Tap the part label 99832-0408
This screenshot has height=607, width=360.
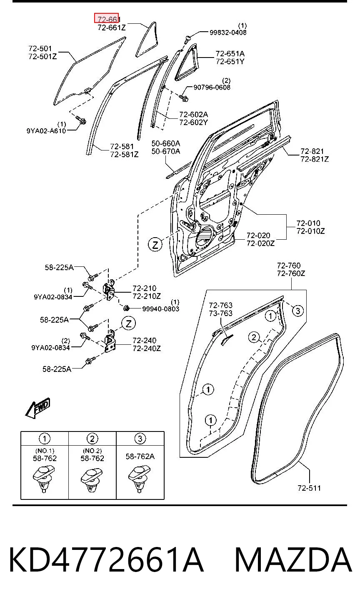(x=228, y=33)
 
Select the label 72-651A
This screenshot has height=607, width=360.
(x=230, y=53)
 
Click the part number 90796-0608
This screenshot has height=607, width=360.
(x=212, y=87)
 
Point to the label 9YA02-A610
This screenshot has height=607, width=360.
(x=46, y=131)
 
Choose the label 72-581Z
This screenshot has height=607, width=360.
(x=124, y=154)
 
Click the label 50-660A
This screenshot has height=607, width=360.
(x=166, y=143)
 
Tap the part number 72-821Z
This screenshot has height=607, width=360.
(x=315, y=159)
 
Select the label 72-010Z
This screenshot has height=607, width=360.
(x=310, y=231)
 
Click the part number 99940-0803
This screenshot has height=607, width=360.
(x=161, y=309)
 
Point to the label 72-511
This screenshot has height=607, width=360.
(x=309, y=488)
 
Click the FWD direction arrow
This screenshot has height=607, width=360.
(x=38, y=407)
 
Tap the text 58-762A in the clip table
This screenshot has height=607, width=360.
(x=140, y=457)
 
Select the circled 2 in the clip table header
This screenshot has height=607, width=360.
(x=92, y=439)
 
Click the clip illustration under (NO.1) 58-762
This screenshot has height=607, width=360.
(x=44, y=478)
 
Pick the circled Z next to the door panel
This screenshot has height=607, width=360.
(x=155, y=245)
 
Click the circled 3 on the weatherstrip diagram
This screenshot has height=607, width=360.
(x=297, y=311)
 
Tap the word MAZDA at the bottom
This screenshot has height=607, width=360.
(x=293, y=559)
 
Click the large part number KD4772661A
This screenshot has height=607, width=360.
(x=106, y=559)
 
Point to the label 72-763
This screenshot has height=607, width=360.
(x=220, y=305)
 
